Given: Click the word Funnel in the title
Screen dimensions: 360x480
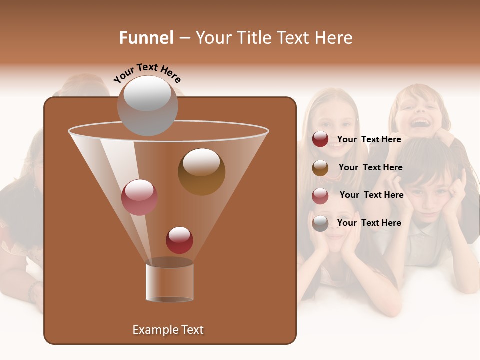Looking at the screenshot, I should (x=146, y=38).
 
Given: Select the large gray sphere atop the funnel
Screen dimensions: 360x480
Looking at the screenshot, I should (x=147, y=106).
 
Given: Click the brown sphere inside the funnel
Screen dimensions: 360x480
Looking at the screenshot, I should (x=201, y=171).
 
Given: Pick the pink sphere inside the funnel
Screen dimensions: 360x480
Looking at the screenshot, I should (x=139, y=197).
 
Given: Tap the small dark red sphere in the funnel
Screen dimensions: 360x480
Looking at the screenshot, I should (x=179, y=240).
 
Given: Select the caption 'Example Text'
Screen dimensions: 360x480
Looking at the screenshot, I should (x=168, y=330).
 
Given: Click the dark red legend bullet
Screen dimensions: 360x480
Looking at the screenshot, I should (x=320, y=139).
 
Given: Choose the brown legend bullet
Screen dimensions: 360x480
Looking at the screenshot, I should (x=320, y=168).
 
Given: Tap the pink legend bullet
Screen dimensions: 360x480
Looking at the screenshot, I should (x=320, y=196).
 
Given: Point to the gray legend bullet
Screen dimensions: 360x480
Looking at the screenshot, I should (x=320, y=223).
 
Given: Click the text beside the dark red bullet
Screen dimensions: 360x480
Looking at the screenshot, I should (x=369, y=139).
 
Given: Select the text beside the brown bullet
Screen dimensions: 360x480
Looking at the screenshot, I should (x=370, y=167).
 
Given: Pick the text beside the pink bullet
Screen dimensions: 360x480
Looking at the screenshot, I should (x=371, y=195).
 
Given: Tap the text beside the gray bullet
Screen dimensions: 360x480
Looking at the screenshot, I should (x=369, y=223).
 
